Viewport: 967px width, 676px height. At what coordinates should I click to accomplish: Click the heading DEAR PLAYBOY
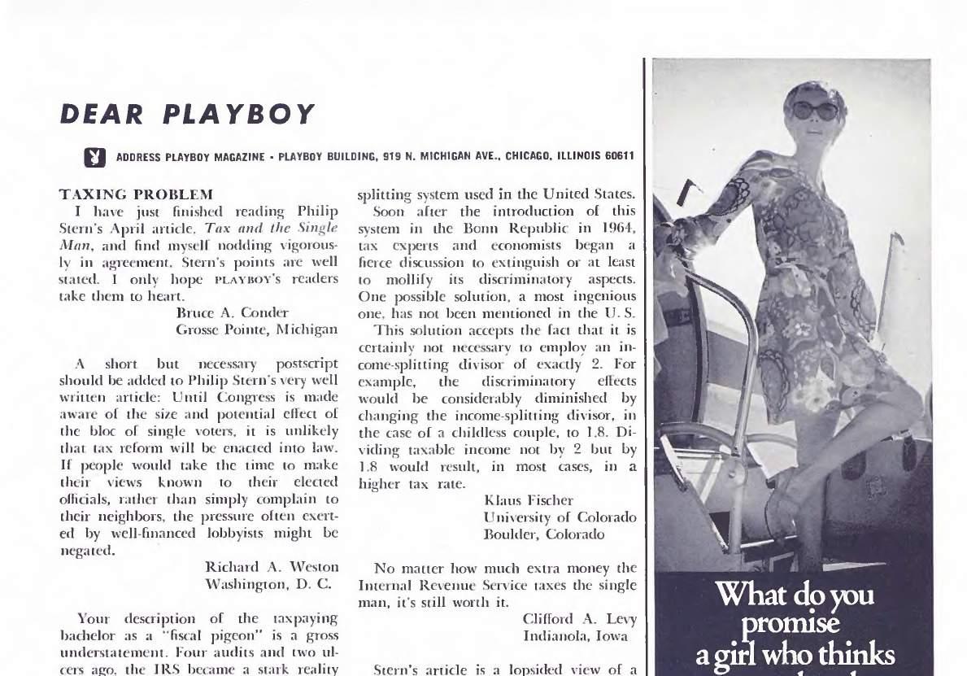(x=187, y=114)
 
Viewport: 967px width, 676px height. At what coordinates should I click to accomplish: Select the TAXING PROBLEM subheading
(x=137, y=194)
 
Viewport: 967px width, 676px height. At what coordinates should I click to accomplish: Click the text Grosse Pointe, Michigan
(x=257, y=329)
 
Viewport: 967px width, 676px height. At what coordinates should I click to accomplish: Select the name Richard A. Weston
(x=272, y=566)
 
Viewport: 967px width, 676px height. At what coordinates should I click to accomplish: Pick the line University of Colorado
(x=560, y=517)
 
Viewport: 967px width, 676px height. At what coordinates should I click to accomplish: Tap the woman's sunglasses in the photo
(x=815, y=110)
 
